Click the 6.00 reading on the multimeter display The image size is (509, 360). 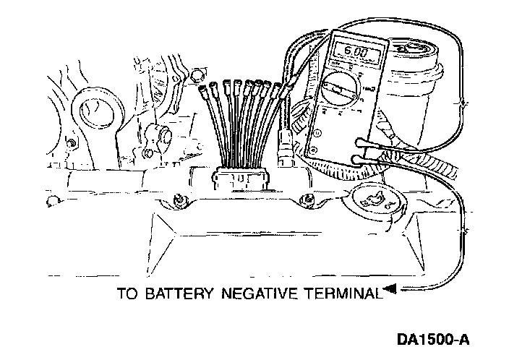354,53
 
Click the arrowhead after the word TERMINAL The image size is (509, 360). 389,291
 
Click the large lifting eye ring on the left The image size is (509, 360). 94,108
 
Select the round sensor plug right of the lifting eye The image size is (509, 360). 157,134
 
